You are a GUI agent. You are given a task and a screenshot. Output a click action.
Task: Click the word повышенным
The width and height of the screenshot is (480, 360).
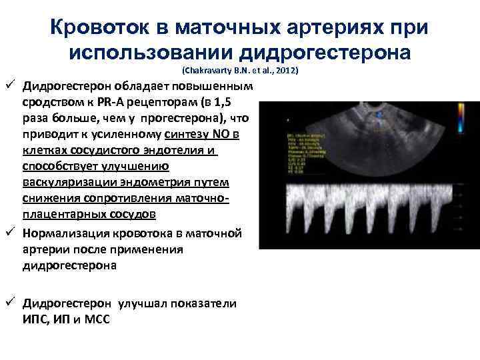(215, 87)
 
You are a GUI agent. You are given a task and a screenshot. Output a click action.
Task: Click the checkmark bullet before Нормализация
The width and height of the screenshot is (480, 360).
(12, 232)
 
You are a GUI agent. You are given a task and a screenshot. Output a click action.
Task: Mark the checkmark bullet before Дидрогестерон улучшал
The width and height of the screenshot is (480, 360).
(12, 303)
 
